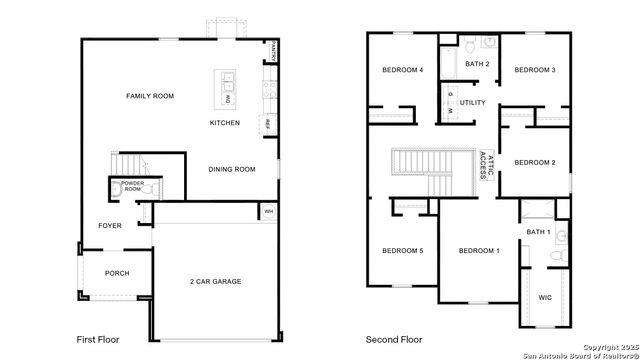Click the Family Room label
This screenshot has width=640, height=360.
click(150, 96)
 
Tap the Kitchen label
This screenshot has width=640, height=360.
click(224, 123)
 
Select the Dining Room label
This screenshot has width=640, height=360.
click(232, 169)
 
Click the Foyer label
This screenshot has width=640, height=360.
click(110, 226)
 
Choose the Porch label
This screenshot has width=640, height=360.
click(117, 273)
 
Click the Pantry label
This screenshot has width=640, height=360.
click(273, 51)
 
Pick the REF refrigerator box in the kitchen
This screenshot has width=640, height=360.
click(267, 124)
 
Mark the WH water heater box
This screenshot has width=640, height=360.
click(268, 212)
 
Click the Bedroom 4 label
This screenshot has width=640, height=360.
click(403, 70)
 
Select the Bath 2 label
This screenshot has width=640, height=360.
click(477, 64)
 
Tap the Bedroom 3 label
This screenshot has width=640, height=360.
click(534, 70)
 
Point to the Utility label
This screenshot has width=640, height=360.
click(473, 103)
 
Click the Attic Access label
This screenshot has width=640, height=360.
click(485, 163)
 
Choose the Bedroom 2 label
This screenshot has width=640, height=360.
click(534, 162)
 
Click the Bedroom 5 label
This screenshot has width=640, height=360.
click(402, 250)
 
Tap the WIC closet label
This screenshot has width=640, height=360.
click(545, 298)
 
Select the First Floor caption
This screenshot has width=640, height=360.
click(98, 340)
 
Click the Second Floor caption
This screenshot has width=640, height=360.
click(394, 340)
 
